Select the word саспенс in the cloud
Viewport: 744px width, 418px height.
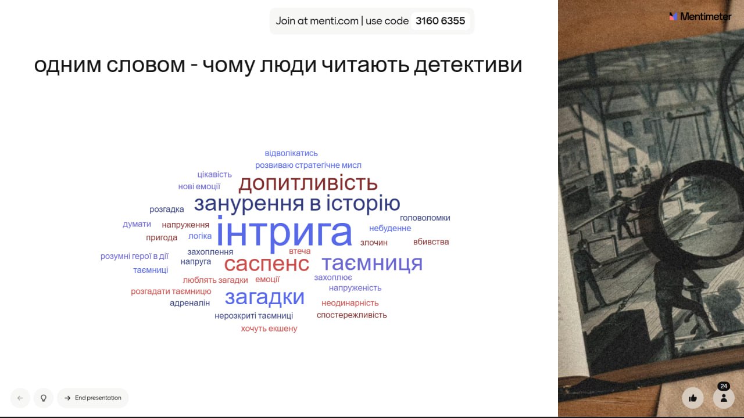267,264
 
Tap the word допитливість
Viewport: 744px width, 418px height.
308,183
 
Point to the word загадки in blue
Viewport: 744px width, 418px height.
264,297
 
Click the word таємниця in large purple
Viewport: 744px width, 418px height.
373,264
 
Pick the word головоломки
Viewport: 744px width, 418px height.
425,218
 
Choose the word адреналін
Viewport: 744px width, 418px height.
189,303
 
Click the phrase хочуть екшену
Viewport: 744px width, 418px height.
269,329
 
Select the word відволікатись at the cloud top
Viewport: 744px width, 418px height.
291,153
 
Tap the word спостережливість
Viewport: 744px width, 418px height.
352,315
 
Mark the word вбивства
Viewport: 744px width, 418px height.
431,242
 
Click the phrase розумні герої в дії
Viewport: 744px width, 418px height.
134,256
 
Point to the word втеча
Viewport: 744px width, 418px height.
299,251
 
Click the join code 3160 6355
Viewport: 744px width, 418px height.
440,21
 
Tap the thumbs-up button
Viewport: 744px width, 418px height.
692,398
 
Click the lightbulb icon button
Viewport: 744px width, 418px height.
44,398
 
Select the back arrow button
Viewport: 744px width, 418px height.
20,398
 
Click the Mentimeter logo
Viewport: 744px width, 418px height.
700,17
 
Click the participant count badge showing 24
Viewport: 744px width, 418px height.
724,386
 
